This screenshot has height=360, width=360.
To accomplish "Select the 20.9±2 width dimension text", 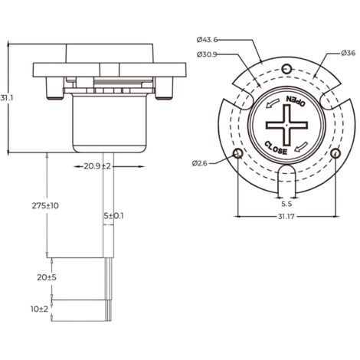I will click(97, 166).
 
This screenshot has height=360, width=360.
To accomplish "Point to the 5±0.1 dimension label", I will click(114, 216).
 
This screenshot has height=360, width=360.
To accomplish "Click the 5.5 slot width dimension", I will click(286, 204).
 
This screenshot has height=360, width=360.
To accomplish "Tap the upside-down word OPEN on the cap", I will click(296, 100).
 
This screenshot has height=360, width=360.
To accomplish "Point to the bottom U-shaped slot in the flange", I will click(286, 176).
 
